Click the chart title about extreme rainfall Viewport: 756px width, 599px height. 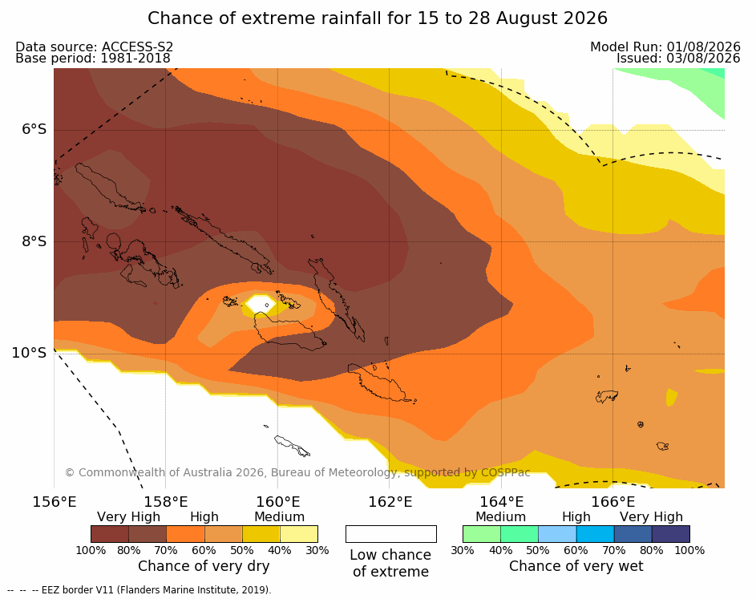pos(377,18)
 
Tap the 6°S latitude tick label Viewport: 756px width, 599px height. pos(34,129)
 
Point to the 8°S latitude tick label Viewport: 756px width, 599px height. pos(34,241)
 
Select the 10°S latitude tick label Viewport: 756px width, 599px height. pos(30,353)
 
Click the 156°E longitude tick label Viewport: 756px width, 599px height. pos(54,502)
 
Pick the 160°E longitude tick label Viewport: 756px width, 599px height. pos(277,502)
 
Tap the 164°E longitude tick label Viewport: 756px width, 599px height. pos(501,502)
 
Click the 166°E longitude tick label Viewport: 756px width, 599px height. pos(613,502)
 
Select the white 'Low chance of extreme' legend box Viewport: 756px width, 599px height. pos(391,534)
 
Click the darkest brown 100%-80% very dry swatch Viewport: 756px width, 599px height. pos(110,534)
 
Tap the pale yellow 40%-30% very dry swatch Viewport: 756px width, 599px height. pos(299,534)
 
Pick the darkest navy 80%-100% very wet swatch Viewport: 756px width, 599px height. pos(671,534)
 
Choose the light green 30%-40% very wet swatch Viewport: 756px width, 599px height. pos(482,534)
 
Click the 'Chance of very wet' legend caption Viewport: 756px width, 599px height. pos(576,566)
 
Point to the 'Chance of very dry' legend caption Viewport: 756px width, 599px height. pos(204,566)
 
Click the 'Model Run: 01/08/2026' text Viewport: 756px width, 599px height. pos(665,47)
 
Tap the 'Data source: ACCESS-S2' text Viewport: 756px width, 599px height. pos(94,47)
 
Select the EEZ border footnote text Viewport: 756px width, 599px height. pos(139,590)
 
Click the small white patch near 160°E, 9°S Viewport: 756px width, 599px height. pos(261,304)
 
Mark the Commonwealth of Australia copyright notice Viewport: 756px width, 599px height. pos(297,472)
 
